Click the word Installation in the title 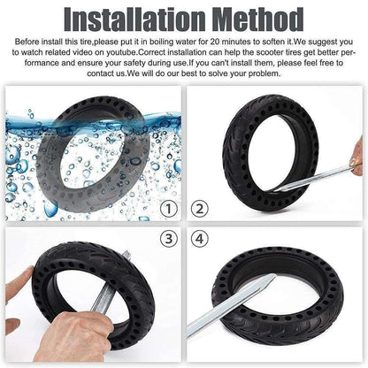135,19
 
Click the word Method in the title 258,19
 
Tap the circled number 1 169,209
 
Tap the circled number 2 200,209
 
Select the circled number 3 169,238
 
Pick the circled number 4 200,238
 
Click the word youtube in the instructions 122,52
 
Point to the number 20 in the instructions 215,42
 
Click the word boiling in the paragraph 161,42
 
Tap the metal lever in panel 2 312,179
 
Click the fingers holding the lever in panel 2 356,157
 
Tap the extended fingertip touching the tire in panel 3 29,270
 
